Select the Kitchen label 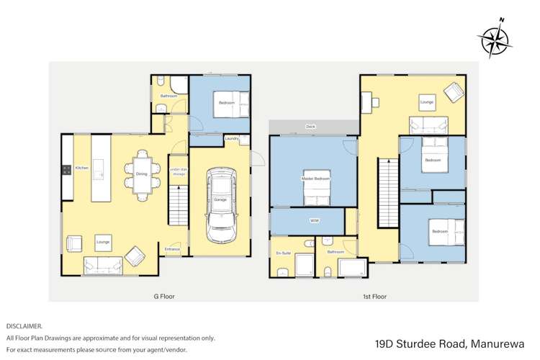81,168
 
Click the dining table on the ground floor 141,173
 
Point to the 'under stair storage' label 178,171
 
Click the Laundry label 231,138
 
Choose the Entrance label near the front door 172,249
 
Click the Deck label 310,126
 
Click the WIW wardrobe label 314,220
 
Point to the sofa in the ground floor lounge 102,265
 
